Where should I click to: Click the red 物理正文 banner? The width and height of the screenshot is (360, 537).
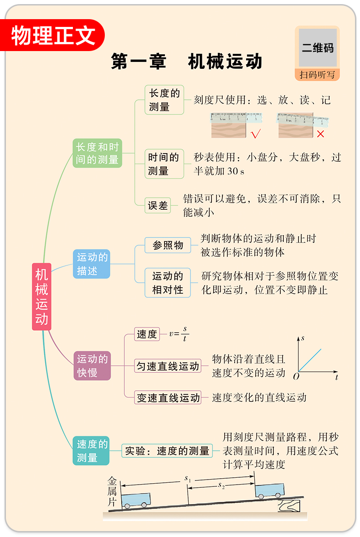click(x=54, y=36)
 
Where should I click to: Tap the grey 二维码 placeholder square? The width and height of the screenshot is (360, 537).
click(x=318, y=47)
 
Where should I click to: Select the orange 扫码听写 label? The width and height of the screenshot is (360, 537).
click(x=317, y=74)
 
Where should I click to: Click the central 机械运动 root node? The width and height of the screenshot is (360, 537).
click(x=41, y=296)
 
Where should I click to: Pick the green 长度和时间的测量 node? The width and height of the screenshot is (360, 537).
click(x=98, y=153)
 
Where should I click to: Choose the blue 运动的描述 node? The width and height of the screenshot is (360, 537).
click(x=93, y=264)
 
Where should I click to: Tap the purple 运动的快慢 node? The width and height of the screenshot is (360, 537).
click(x=93, y=366)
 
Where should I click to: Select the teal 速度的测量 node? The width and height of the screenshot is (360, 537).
click(x=91, y=450)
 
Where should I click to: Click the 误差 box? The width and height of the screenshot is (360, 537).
click(x=158, y=206)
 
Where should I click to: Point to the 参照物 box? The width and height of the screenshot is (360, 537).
click(x=168, y=245)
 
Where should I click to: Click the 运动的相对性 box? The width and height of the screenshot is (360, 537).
click(x=168, y=283)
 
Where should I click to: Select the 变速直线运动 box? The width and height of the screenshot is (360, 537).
click(x=168, y=398)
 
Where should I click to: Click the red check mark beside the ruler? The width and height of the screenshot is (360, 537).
click(x=256, y=134)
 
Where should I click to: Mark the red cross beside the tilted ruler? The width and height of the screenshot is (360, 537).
click(x=321, y=134)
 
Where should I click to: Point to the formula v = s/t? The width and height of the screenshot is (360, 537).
click(x=179, y=334)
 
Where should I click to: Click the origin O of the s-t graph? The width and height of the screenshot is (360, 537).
click(x=296, y=377)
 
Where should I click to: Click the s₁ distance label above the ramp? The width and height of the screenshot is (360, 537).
click(x=187, y=479)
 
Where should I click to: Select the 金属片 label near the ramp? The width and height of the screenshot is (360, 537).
click(x=112, y=491)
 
